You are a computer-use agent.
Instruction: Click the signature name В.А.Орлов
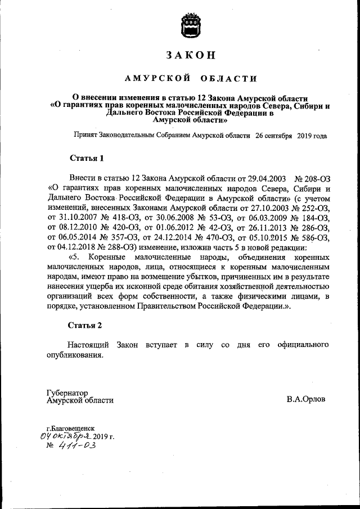point(306,400)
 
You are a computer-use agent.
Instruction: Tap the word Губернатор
point(67,392)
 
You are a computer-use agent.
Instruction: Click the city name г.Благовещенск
point(71,428)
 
